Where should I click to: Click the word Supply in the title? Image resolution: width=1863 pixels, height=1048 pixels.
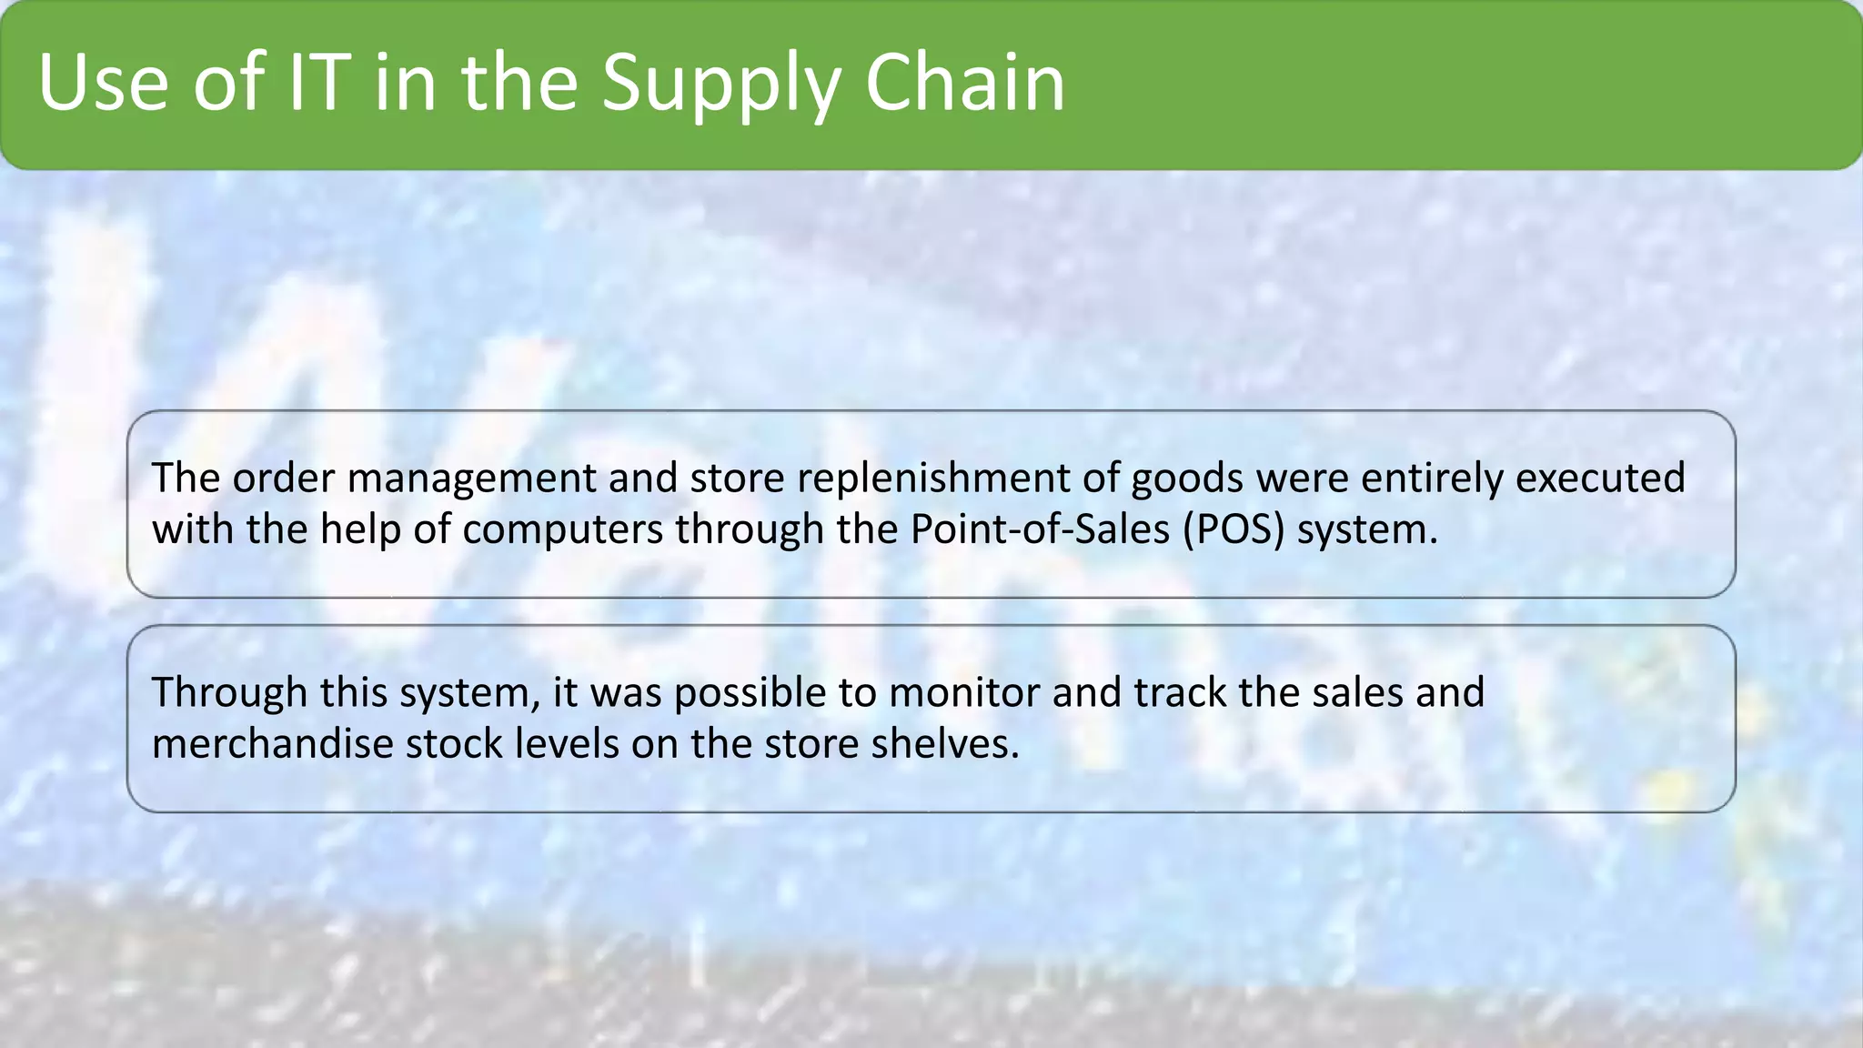tap(720, 84)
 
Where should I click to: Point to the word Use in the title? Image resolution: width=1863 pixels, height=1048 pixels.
tap(103, 84)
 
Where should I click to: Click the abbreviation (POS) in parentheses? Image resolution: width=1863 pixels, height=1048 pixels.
tap(1234, 529)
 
